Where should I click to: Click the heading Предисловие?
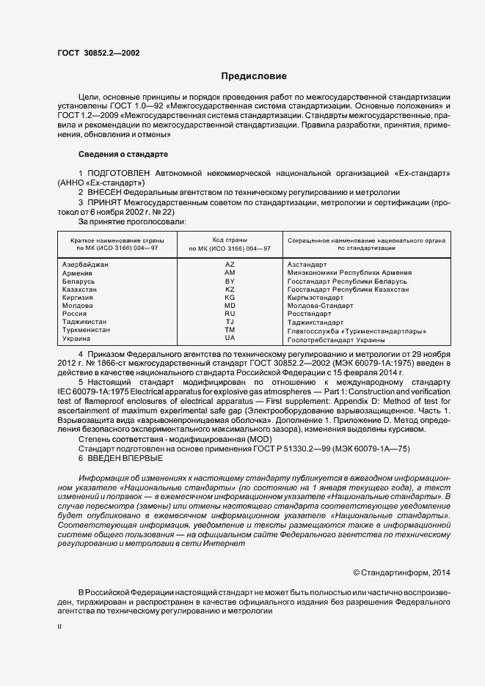coord(254,76)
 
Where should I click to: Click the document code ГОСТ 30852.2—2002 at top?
coord(98,54)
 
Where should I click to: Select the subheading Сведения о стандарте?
coord(123,155)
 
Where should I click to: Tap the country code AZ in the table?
coord(230,264)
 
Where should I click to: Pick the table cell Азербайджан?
coord(90,264)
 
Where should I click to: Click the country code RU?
coord(230,314)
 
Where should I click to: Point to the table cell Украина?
coord(78,339)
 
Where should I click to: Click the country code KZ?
coord(230,289)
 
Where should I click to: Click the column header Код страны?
coord(230,240)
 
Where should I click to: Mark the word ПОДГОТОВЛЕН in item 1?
coord(122,172)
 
